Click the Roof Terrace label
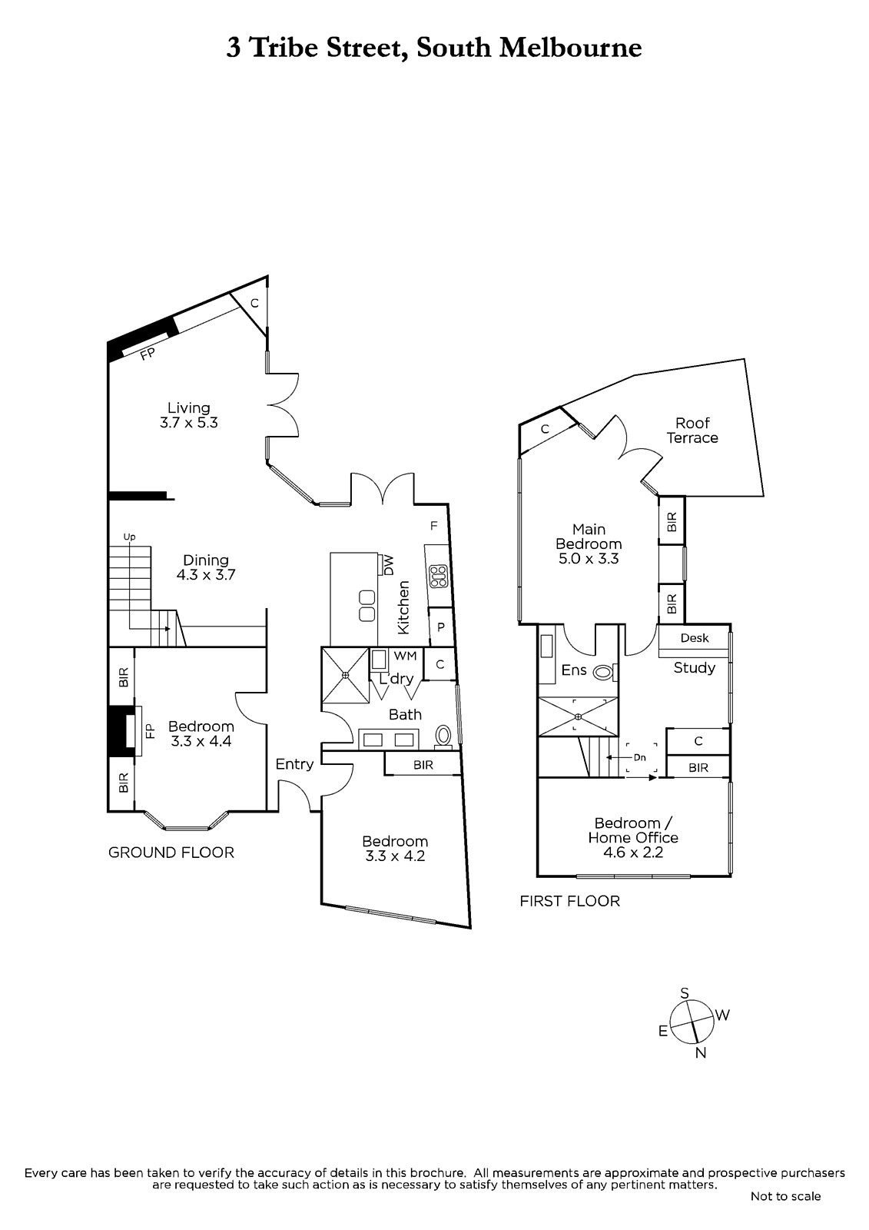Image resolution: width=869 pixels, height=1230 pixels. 692,430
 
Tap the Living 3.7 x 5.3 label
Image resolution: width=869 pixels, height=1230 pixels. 189,415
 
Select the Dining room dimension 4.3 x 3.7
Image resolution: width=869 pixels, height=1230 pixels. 206,575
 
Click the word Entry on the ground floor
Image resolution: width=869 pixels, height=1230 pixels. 295,764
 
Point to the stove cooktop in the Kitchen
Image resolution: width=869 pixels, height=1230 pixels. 439,577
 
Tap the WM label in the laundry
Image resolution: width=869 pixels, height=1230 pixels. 406,656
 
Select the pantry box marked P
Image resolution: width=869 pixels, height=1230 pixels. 441,627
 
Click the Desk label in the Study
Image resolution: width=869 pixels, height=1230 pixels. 695,638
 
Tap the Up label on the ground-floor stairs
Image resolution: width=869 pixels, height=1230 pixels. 129,537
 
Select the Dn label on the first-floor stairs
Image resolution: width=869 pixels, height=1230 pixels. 639,758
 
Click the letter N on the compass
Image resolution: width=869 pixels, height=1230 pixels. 701,1053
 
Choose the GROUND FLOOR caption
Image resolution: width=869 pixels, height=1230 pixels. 171,853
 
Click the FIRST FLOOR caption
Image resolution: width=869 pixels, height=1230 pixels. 570,901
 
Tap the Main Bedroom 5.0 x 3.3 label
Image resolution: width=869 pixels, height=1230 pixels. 589,544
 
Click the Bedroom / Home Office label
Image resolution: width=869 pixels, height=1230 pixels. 633,830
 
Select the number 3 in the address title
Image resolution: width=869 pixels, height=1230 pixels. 234,48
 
